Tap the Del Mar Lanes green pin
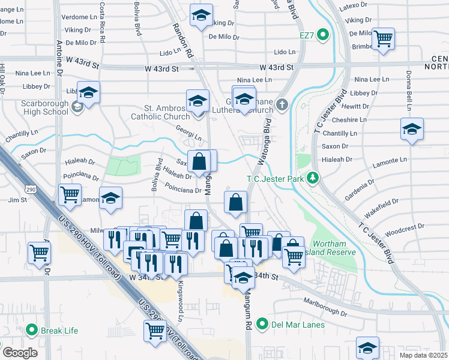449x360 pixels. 262,325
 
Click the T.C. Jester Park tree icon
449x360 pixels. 312,178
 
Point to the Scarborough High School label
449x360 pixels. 44,107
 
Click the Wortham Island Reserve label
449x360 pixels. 334,247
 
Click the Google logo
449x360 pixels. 20,352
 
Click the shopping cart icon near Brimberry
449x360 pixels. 382,39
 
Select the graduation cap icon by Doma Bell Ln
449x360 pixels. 412,129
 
